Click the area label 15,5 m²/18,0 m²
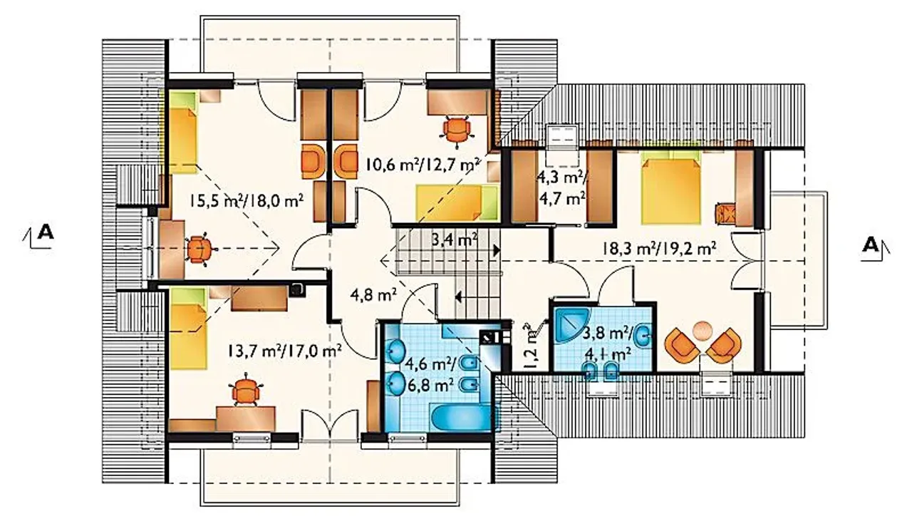tap(247, 201)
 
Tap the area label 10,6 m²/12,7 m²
tap(422, 165)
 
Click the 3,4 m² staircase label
tap(455, 240)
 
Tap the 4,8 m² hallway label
tap(373, 294)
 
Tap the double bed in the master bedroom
tap(671, 190)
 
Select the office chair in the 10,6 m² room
tap(457, 130)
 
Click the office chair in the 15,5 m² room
tap(199, 249)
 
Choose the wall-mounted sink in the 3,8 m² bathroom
tap(645, 336)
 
